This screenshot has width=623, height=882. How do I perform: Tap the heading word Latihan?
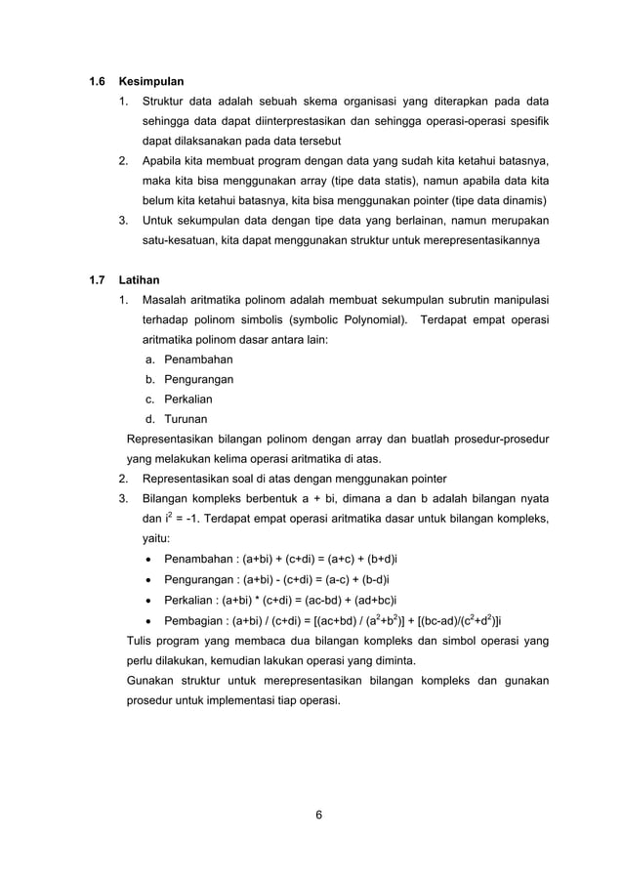140,278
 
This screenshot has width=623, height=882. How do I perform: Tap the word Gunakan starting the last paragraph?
151,680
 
